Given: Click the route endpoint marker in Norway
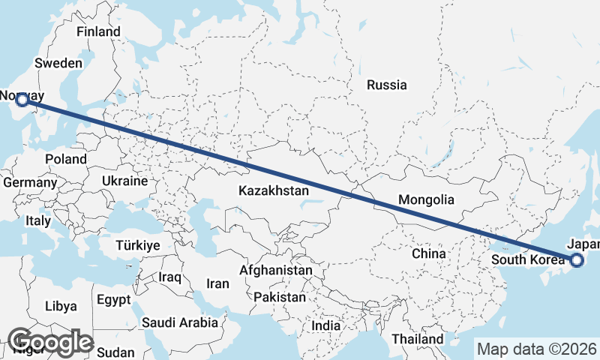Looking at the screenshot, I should pos(22,99).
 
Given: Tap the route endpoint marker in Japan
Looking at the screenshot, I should pos(577,260).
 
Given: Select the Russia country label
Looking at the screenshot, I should pos(386,85).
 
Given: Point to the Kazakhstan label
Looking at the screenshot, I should pos(274,191).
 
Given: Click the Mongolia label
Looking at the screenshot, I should pos(426,200).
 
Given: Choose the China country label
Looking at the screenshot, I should pos(428,253).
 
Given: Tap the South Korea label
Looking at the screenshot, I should pos(528,260).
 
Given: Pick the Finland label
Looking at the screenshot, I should pos(98,32).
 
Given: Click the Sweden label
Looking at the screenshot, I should pos(58,64).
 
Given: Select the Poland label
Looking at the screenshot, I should pos(65,159).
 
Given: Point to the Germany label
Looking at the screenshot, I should pos(30,182).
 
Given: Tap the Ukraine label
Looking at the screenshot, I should pos(124,181).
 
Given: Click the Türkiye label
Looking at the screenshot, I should pos(138,245).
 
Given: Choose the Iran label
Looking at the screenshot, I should pos(217,283).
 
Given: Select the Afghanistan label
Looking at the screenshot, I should pos(275,269).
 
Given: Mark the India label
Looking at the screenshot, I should pos(325,326).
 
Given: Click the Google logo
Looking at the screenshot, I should pos(50,341).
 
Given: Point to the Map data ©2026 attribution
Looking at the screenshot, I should pos(537,349).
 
